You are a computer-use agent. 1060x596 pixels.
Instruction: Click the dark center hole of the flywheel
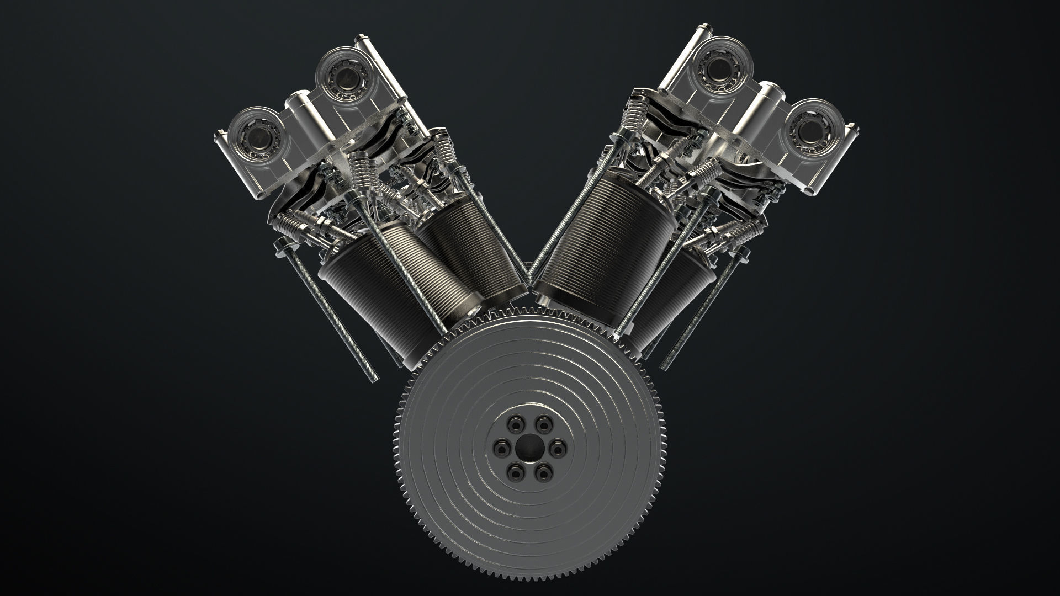coord(529,445)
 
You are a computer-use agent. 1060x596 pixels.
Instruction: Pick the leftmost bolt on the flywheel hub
coord(501,446)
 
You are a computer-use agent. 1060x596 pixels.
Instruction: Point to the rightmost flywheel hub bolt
coord(558,446)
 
